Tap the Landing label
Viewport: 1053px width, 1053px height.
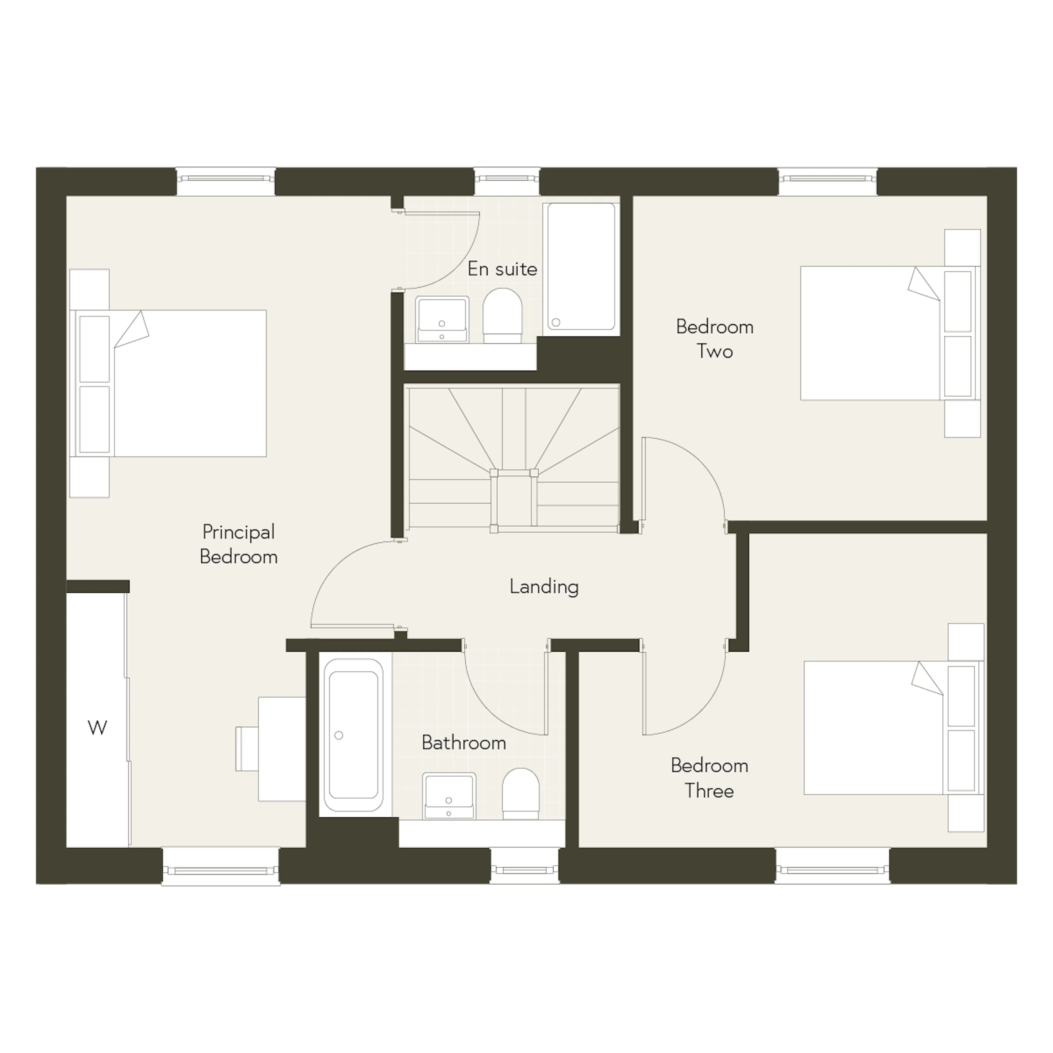pos(544,587)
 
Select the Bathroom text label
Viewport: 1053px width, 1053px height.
pos(464,743)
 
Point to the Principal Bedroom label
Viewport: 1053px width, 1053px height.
pos(239,545)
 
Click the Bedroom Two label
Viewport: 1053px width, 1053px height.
pos(715,339)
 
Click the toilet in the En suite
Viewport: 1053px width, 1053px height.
pos(503,316)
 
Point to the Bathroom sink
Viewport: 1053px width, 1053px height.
pos(449,795)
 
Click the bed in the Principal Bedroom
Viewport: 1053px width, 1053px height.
pos(169,383)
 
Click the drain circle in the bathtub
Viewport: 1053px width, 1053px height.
pos(338,735)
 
